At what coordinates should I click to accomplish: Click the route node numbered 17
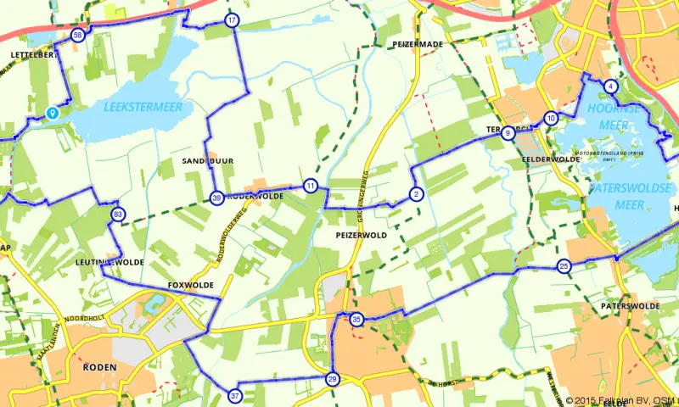coord(232,20)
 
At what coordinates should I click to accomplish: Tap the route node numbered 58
coord(78,36)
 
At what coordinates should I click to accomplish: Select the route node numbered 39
coord(217,198)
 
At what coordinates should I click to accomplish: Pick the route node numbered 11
coord(311,186)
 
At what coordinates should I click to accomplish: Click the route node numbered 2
coord(416,194)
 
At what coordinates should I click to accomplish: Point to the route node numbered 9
coord(508,133)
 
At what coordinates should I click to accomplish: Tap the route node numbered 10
coord(552,119)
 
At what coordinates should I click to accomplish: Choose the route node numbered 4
coord(610,86)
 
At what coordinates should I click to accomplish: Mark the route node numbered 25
coord(564,268)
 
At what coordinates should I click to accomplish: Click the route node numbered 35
coord(356,320)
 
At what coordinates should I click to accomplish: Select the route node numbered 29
coord(333,379)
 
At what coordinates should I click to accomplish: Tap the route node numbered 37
coord(234,395)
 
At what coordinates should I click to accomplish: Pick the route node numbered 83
coord(117,215)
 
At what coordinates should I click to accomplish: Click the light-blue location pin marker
coord(53,112)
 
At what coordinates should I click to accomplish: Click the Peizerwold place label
coord(362,235)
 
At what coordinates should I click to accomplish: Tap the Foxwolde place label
coord(190,285)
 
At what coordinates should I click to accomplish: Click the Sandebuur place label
coord(208,160)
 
